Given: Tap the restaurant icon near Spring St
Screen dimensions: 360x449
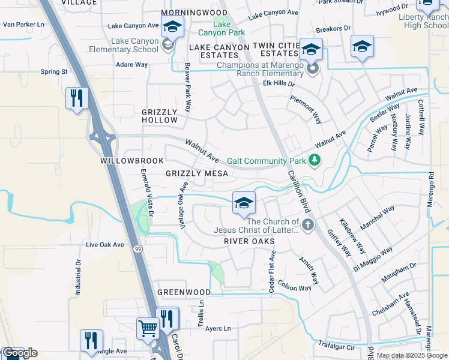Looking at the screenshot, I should point(77,98).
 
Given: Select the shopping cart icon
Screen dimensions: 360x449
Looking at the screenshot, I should point(147,328).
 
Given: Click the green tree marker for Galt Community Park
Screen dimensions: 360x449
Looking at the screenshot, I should point(313,160).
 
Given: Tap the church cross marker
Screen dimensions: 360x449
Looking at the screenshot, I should point(308,226).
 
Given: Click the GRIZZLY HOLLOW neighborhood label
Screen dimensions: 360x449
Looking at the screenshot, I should point(160,116).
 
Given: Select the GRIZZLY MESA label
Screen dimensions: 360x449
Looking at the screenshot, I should point(196,173).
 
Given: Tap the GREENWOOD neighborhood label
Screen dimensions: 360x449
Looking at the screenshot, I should point(184,292).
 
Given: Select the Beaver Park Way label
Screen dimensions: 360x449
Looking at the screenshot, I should point(187,88).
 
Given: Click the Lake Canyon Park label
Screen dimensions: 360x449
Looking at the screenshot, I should point(222,29).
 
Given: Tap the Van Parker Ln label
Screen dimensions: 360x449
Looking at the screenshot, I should point(24,25).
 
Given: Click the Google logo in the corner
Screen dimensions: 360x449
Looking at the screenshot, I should point(20,353).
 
